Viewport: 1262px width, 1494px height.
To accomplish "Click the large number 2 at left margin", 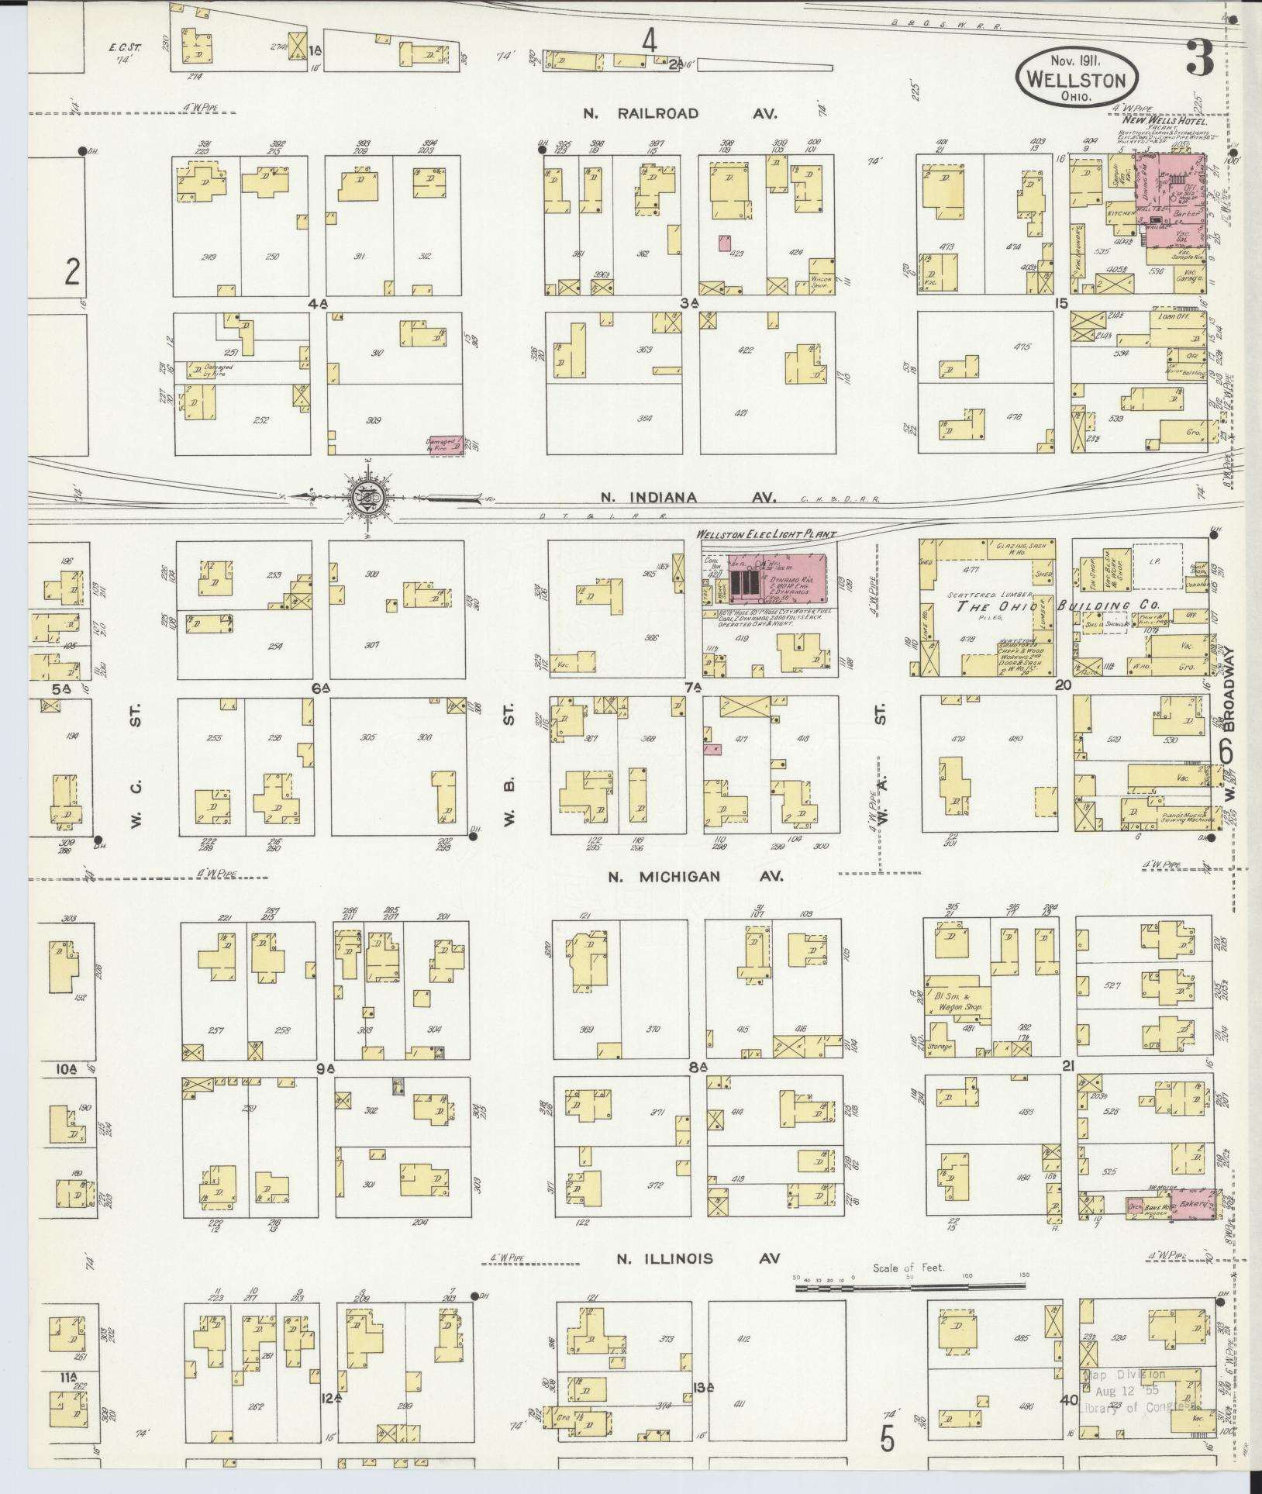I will point(72,273).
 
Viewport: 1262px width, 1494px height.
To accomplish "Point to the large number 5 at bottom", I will point(887,1439).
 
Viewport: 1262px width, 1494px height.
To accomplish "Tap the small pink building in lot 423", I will point(725,243).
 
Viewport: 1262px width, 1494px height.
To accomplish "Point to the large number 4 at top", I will point(649,42).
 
